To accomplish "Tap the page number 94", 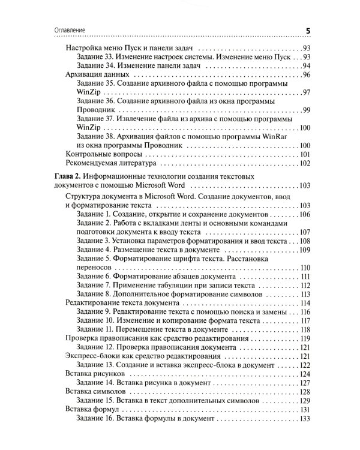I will (305, 65).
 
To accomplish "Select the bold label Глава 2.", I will (65, 177).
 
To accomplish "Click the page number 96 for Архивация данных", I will (305, 75).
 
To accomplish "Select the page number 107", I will (304, 233).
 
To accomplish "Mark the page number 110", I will (304, 267).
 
